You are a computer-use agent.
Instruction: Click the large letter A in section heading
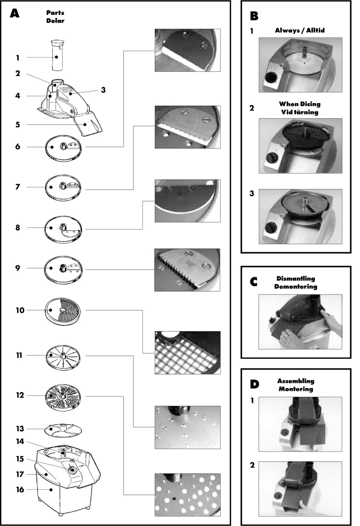[14, 14]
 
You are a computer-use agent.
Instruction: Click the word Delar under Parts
[55, 21]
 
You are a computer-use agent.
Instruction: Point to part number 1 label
[17, 58]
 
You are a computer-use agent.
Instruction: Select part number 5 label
[17, 125]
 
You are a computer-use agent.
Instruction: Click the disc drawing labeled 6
[63, 147]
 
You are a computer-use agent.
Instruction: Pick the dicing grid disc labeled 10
[63, 310]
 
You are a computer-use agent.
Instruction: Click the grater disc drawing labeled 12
[63, 396]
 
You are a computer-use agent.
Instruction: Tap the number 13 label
[20, 429]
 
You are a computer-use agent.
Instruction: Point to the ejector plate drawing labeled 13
[63, 429]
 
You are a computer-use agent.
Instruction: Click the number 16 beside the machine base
[20, 490]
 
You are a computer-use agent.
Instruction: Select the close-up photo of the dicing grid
[187, 353]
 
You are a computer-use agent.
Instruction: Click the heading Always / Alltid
[300, 30]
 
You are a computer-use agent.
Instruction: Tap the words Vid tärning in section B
[300, 112]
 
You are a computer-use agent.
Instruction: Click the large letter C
[254, 282]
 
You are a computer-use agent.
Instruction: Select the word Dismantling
[296, 279]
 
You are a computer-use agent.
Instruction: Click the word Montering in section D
[296, 389]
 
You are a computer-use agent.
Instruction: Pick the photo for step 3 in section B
[300, 217]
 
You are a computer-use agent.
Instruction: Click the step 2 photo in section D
[300, 489]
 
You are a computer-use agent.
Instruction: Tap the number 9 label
[17, 268]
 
